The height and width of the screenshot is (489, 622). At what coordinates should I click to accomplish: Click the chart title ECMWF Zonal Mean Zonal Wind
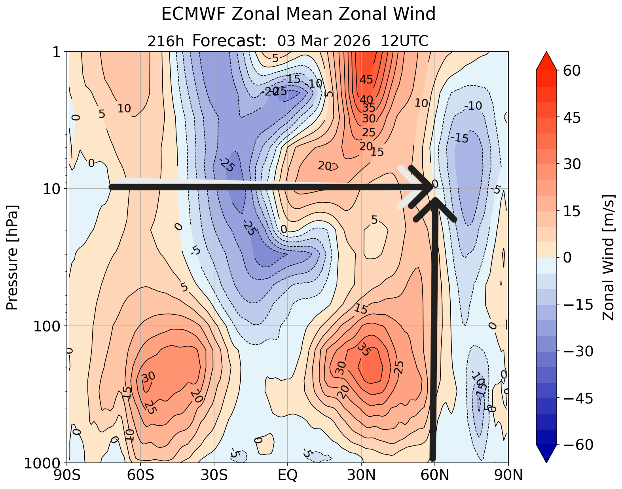tap(298, 15)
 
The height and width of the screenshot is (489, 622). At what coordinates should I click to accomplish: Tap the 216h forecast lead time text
tap(165, 41)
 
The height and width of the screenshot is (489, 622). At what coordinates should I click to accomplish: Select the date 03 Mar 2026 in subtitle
tap(324, 41)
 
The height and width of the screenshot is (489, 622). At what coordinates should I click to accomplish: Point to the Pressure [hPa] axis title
tap(13, 257)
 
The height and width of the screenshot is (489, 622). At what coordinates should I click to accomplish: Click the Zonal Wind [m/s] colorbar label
tap(608, 257)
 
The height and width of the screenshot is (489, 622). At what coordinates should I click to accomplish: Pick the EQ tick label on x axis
tap(288, 475)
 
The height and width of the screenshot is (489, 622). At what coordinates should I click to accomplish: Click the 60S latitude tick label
tap(140, 475)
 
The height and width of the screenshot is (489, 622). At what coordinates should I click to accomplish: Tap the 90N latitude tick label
tap(508, 475)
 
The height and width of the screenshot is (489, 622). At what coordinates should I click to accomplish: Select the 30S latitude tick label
tap(214, 475)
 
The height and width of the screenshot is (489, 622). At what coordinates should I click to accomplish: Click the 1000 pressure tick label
tap(43, 463)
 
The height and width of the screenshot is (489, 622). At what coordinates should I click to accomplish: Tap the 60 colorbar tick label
tap(570, 71)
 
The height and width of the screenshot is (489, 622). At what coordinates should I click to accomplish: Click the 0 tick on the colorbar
tap(566, 258)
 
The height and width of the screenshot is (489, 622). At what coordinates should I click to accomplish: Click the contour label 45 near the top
tap(366, 80)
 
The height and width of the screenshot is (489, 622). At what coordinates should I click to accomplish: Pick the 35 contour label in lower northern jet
tap(363, 349)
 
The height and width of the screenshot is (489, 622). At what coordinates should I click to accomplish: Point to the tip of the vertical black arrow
tap(435, 200)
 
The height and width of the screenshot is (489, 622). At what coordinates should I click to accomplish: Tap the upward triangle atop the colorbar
tap(546, 60)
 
